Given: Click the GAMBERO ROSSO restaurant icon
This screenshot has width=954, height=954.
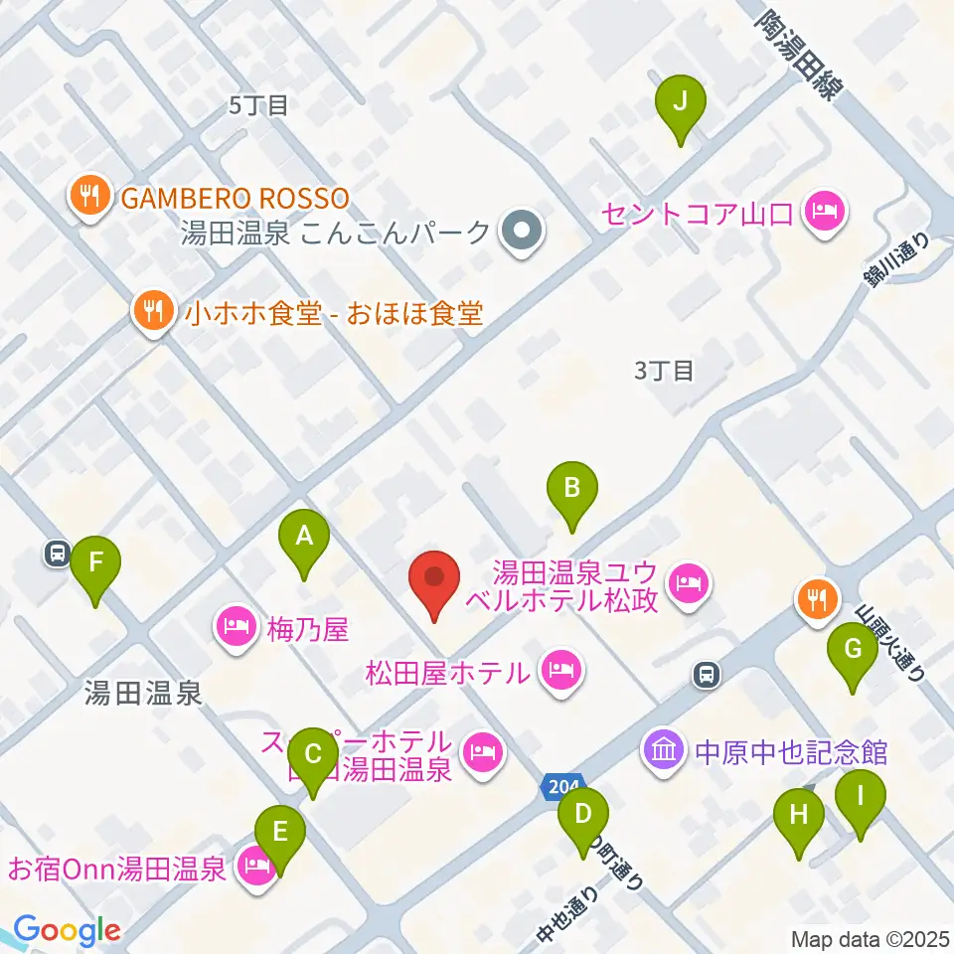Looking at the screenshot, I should tap(90, 196).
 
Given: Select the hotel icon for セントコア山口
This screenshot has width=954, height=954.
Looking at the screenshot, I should tap(824, 212).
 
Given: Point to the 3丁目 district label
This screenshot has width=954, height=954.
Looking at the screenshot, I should tap(663, 372).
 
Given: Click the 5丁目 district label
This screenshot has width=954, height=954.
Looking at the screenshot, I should tap(258, 105).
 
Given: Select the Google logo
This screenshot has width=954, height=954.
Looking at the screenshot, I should tap(66, 930).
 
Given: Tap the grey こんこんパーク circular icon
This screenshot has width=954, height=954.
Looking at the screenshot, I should tap(520, 233).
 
